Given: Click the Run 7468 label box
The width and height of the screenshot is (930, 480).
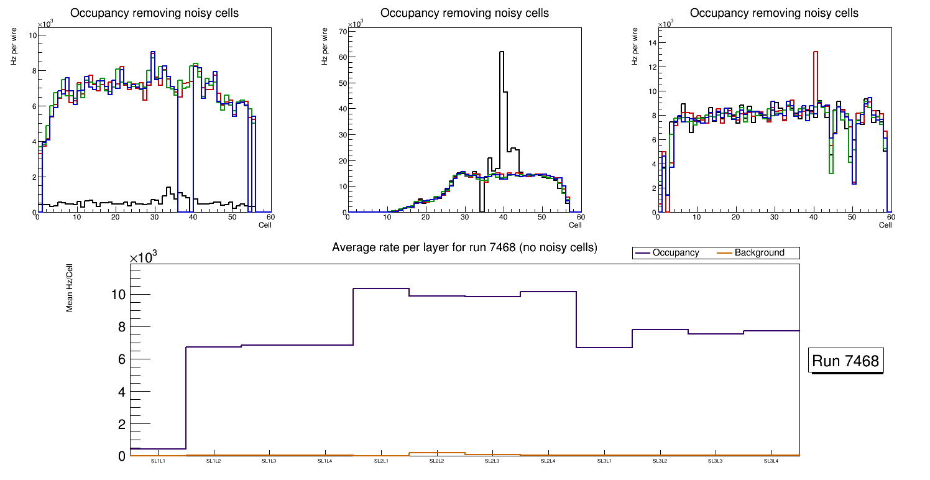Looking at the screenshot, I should (847, 361).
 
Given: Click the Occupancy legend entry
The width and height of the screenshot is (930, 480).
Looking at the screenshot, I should (675, 252).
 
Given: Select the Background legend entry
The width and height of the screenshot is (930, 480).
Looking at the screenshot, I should (759, 252).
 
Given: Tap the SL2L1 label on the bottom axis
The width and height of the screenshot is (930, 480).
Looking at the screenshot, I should (381, 461).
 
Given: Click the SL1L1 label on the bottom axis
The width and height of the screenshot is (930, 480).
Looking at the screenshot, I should (158, 461).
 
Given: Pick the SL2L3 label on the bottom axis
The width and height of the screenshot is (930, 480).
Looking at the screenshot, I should (492, 461).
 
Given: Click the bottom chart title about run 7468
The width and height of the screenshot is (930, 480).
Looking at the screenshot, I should (464, 247).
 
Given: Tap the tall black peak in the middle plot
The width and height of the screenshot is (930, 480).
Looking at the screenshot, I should (502, 53).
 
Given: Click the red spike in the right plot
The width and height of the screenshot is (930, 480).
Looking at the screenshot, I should (815, 53).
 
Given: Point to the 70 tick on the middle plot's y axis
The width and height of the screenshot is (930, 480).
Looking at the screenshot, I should (341, 30).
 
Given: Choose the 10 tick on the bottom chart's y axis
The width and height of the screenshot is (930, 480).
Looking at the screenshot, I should (117, 294).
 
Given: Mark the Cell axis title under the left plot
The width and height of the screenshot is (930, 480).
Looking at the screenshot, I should (265, 224).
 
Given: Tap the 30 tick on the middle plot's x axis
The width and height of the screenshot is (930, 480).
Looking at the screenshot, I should (463, 217).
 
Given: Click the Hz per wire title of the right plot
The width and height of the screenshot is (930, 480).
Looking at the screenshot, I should (635, 45).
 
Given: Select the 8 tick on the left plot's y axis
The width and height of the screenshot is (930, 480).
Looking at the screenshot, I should (32, 71).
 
